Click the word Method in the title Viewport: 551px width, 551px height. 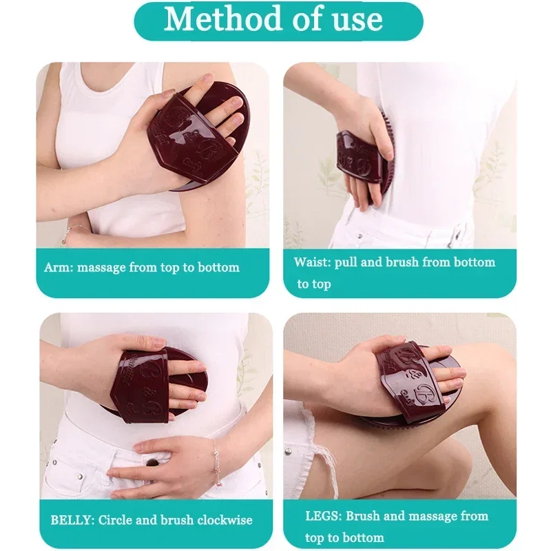tap(222, 19)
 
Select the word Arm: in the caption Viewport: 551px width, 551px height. tap(59, 267)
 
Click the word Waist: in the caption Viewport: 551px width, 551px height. tap(313, 262)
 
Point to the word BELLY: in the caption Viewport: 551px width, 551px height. tap(72, 520)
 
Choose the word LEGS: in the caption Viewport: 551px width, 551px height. tap(323, 516)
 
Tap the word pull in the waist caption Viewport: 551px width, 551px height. tap(346, 263)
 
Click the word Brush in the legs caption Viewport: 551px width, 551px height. tap(362, 515)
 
